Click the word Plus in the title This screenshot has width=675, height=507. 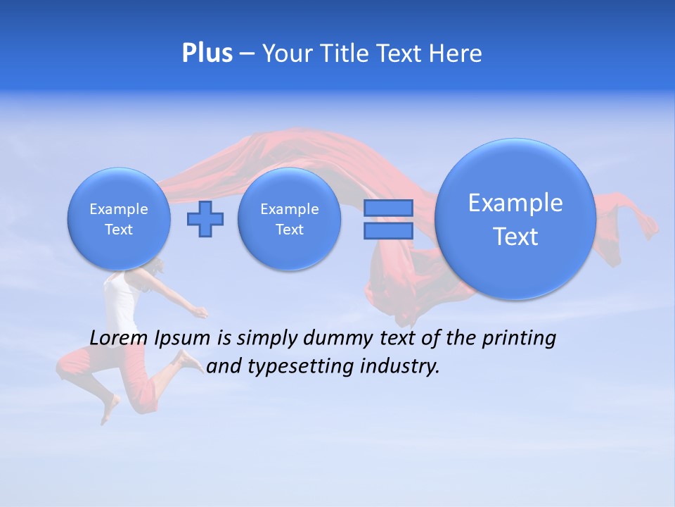[x=207, y=53]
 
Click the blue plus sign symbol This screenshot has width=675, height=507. [x=205, y=219]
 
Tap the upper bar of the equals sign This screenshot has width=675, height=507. [x=388, y=208]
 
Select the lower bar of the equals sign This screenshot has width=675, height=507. [x=388, y=231]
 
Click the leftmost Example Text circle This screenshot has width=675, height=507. [x=119, y=219]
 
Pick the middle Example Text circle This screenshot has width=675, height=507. [x=289, y=219]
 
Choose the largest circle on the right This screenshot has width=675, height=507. [x=515, y=219]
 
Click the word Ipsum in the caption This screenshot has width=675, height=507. [x=183, y=339]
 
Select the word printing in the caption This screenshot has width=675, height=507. [x=519, y=339]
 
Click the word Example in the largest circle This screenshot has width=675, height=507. [x=515, y=203]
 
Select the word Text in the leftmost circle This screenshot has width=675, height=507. [x=119, y=230]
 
